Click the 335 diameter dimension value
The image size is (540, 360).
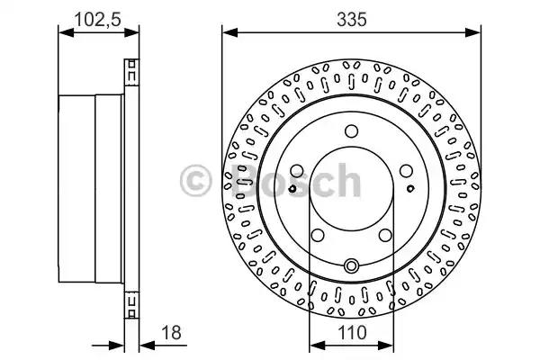pyautogui.click(x=352, y=19)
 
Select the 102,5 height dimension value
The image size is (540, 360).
pyautogui.click(x=98, y=20)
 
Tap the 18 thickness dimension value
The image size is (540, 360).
pyautogui.click(x=171, y=332)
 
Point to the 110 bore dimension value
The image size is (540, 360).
pyautogui.click(x=352, y=333)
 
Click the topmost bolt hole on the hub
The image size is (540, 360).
pyautogui.click(x=351, y=131)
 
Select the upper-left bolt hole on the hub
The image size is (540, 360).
pyautogui.click(x=296, y=170)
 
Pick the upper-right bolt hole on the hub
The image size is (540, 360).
pyautogui.click(x=406, y=170)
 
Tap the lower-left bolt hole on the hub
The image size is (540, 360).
pyautogui.click(x=318, y=235)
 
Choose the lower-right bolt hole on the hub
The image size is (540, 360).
pyautogui.click(x=385, y=235)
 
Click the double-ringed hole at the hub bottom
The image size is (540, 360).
pyautogui.click(x=351, y=265)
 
